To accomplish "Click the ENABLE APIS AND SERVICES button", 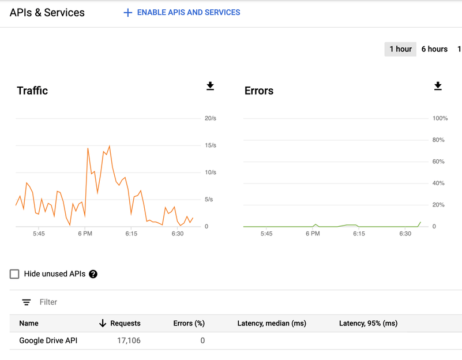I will pos(182,12).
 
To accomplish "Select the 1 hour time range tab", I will pos(400,49).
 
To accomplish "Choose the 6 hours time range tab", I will pos(434,49).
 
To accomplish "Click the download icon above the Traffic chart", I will pos(210,87).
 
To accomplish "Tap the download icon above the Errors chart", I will pos(438,87).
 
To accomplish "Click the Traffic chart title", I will pos(32,91).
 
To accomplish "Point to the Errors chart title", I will pos(259,91).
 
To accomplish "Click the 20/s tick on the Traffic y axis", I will pos(210,118).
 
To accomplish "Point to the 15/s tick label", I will pos(210,145).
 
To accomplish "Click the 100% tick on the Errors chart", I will pos(440,118).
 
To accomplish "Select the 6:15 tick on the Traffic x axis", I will pos(131,234).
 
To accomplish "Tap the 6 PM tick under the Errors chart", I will pos(312,234).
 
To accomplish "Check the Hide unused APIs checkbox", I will pos(14,274).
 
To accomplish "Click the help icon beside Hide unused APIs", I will pos(93,274).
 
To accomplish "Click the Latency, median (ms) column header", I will pos(271,323).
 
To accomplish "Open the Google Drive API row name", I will pos(48,340).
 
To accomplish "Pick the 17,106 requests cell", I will pos(129,340).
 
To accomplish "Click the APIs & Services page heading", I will pos(47,12).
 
